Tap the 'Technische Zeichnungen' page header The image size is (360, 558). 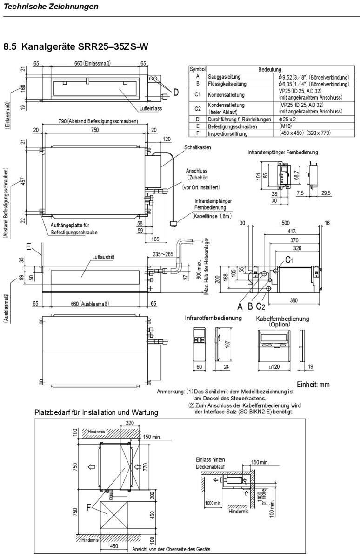pyautogui.click(x=51, y=7)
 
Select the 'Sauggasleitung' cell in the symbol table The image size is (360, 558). pyautogui.click(x=223, y=77)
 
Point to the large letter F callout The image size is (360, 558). pyautogui.click(x=88, y=509)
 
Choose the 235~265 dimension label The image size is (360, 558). pyautogui.click(x=163, y=254)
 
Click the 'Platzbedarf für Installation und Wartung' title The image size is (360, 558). pyautogui.click(x=96, y=412)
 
